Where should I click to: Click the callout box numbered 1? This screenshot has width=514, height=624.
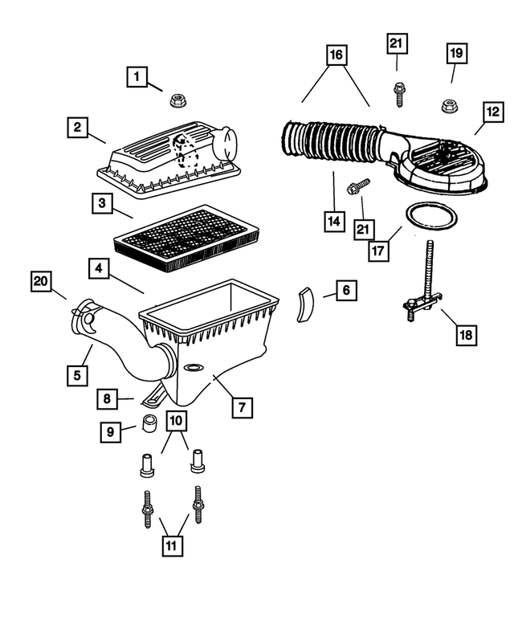[x=138, y=77]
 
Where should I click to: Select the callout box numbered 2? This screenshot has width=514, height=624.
[x=78, y=127]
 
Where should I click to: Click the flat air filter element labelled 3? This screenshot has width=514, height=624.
[x=182, y=234]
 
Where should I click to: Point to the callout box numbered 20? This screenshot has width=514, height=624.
[x=42, y=281]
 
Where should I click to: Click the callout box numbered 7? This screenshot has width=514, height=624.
[x=240, y=407]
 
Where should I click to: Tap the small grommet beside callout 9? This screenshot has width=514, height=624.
[x=149, y=425]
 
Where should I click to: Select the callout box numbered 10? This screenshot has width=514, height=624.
[x=177, y=420]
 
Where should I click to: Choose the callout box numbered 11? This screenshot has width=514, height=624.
[x=170, y=545]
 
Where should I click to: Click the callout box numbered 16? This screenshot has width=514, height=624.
[x=336, y=55]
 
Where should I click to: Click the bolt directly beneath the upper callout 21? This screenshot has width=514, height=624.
[x=398, y=94]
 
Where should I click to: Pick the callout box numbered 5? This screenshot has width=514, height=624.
[x=78, y=374]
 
